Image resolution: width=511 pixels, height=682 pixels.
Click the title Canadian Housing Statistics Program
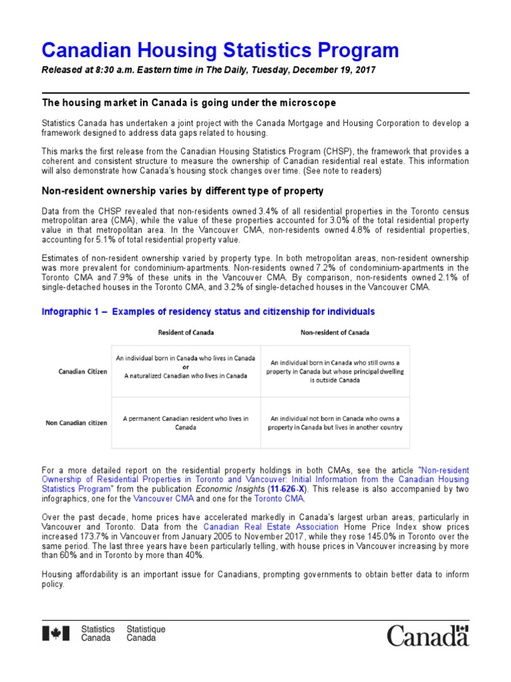pyautogui.click(x=220, y=51)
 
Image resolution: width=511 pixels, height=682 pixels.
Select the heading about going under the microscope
pyautogui.click(x=189, y=103)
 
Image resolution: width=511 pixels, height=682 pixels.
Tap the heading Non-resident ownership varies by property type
pyautogui.click(x=182, y=191)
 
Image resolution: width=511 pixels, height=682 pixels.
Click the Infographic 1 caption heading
pyautogui.click(x=208, y=312)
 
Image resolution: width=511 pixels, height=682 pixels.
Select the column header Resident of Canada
pyautogui.click(x=186, y=332)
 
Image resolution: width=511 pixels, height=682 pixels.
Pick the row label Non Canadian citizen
pyautogui.click(x=76, y=422)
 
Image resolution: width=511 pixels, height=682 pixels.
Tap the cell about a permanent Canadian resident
pyautogui.click(x=186, y=422)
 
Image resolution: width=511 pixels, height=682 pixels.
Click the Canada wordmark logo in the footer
pyautogui.click(x=428, y=635)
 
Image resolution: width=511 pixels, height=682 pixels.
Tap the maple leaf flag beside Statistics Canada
pyautogui.click(x=56, y=634)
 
